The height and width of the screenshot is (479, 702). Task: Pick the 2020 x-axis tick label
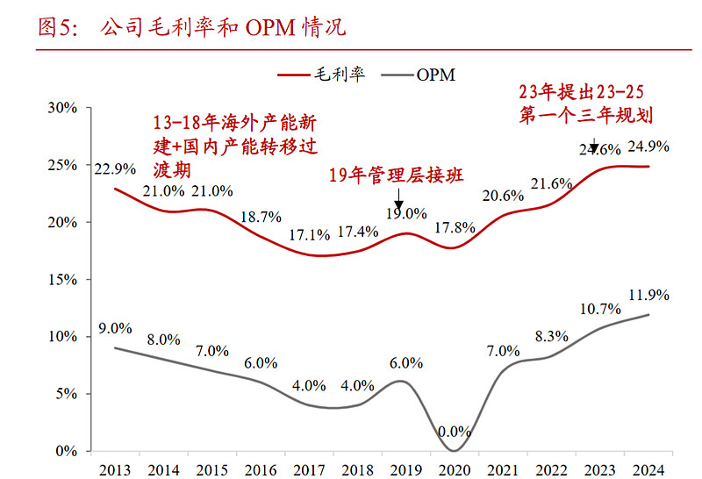tap(455, 468)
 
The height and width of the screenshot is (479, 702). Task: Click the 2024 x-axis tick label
tap(649, 468)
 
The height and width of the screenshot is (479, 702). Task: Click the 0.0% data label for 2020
tap(455, 433)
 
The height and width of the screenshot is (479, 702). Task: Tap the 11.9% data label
tap(650, 295)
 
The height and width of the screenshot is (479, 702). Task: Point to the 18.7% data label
tap(260, 217)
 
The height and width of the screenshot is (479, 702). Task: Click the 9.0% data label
tap(115, 329)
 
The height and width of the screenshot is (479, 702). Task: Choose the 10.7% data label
tap(601, 309)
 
